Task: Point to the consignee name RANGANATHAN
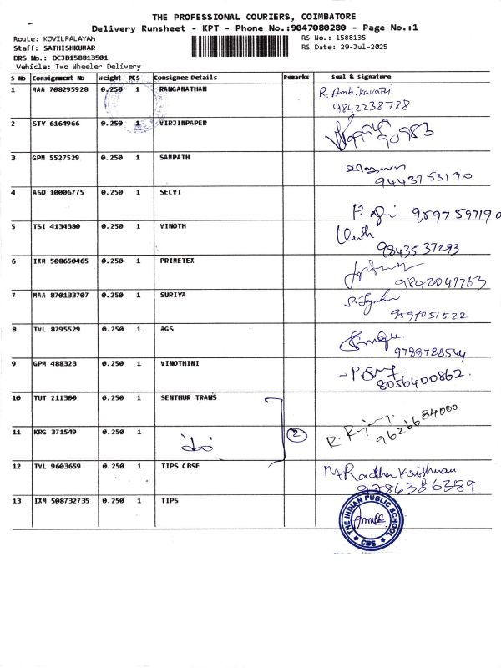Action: click(182, 89)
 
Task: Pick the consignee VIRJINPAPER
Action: click(183, 123)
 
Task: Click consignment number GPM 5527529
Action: click(56, 157)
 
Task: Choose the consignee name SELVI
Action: click(170, 191)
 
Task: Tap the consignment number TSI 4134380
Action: click(56, 226)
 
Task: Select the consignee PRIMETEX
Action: click(176, 261)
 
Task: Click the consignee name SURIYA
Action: click(173, 295)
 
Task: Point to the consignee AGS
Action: click(166, 329)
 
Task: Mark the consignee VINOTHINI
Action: click(180, 363)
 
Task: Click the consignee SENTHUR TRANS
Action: click(188, 397)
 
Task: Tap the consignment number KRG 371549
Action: click(53, 432)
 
